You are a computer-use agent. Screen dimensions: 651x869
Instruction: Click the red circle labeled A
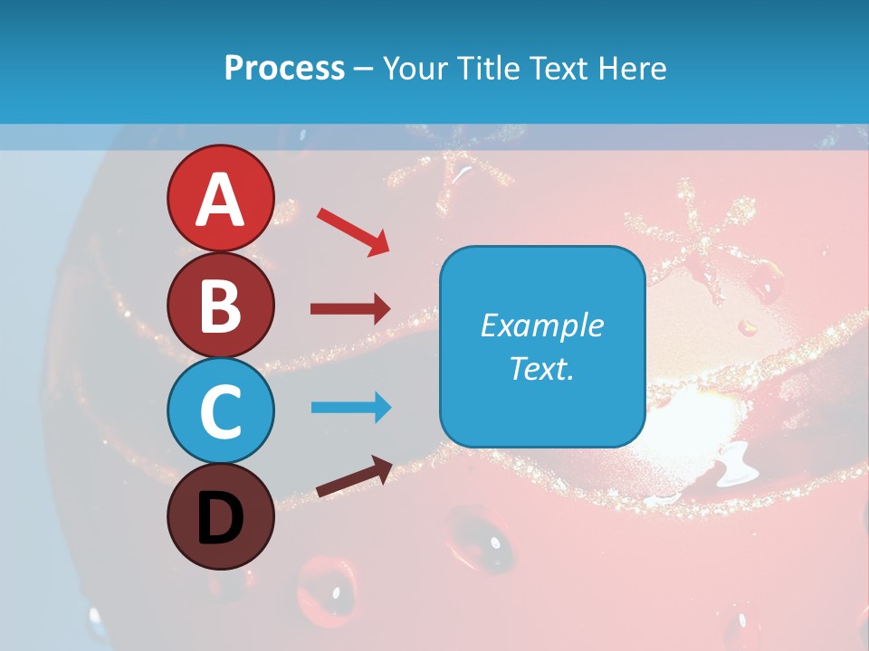pos(220,198)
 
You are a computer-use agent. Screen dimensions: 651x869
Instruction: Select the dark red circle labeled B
pos(220,305)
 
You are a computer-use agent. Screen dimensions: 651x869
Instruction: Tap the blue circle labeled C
pos(220,410)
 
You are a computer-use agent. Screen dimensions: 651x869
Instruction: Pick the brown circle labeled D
pos(220,516)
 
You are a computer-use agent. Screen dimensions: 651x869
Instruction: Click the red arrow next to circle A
pos(352,231)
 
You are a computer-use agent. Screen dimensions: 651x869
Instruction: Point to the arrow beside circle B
pos(349,309)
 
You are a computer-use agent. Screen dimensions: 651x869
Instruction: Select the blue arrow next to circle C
pos(350,408)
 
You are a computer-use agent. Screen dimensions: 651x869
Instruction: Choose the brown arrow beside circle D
pos(354,476)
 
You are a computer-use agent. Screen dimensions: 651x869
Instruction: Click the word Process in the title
pos(284,69)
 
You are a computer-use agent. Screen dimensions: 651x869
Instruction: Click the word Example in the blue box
pos(541,325)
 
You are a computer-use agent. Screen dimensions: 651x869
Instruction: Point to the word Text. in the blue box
pos(541,368)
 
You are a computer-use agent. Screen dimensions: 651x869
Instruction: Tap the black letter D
pos(220,518)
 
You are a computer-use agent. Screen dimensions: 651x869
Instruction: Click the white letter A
pos(220,200)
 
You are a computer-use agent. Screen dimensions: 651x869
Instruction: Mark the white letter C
pos(220,411)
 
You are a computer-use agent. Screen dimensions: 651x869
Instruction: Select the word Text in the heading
pos(558,69)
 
